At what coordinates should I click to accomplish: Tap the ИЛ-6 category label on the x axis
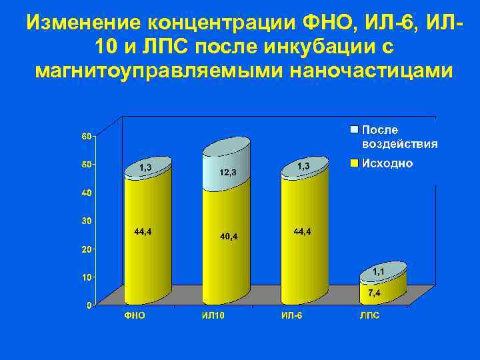coord(291,316)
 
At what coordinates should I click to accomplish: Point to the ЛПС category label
coord(370,316)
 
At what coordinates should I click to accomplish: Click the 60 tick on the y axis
coord(87,136)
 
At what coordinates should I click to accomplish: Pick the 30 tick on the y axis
coord(87,221)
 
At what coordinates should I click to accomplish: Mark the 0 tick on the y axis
coord(89,305)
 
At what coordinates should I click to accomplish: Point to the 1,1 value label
coord(378,271)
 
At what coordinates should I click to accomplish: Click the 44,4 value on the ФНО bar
coord(143,231)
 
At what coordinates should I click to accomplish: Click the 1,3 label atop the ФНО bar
coord(145,167)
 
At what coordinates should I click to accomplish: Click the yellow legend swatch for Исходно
coord(355,163)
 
